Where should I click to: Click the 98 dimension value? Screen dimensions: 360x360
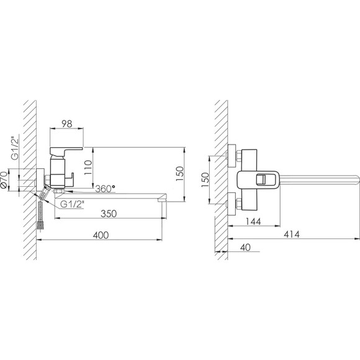tap(67, 124)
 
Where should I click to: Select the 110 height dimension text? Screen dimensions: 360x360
tap(88, 168)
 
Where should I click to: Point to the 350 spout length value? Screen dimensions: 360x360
tap(109, 214)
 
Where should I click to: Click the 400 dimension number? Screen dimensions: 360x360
tap(101, 235)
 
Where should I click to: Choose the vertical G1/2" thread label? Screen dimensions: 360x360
tap(14, 148)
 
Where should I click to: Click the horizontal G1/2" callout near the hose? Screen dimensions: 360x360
tap(72, 204)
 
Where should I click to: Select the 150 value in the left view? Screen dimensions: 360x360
tap(180, 174)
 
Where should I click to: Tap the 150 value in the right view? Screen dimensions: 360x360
tap(205, 180)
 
